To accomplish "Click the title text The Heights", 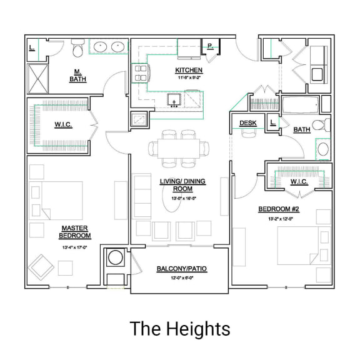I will click(180, 328).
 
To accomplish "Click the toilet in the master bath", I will click(78, 49).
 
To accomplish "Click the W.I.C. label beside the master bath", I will click(63, 125).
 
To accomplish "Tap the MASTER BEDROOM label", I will click(75, 232).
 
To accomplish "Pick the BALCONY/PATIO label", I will click(181, 269).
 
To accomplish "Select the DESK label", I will click(247, 124).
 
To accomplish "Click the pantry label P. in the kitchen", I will click(210, 46).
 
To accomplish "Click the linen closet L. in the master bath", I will click(31, 47).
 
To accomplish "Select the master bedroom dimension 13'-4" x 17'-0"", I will click(75, 247).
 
